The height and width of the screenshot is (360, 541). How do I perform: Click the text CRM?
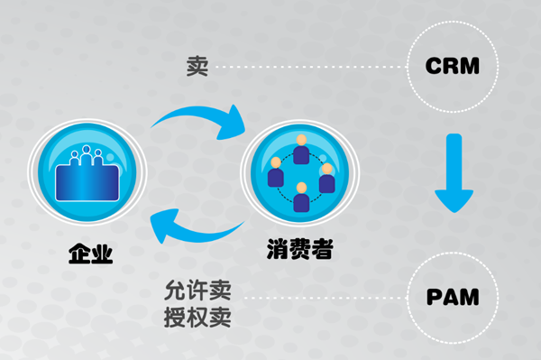[x=451, y=67]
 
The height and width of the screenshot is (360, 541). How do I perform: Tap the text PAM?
[x=451, y=296]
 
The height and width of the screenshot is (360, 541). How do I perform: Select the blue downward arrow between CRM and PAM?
[x=452, y=171]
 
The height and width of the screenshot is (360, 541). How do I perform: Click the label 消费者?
[x=299, y=247]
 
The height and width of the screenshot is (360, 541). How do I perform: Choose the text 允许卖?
[x=194, y=291]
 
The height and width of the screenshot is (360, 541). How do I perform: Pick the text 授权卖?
[x=194, y=317]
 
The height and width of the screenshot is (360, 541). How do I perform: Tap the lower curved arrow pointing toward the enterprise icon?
[x=194, y=226]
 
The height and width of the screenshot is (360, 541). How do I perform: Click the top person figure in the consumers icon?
[x=300, y=143]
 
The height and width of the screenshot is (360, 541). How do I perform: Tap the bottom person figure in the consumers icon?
[x=300, y=193]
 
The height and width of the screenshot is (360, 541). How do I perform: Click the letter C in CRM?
[x=434, y=67]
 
